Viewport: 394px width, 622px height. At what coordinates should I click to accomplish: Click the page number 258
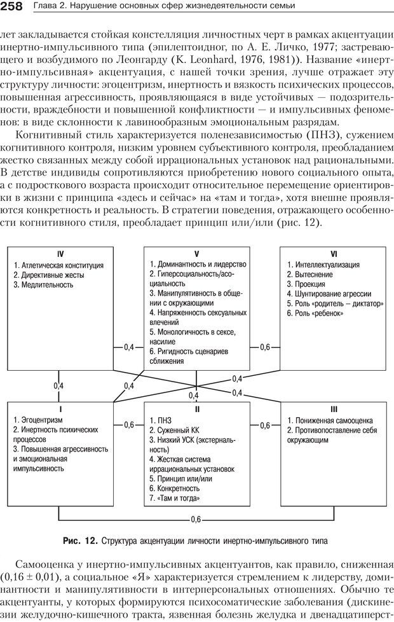click(x=13, y=7)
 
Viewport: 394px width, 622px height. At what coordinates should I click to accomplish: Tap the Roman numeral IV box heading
click(x=60, y=253)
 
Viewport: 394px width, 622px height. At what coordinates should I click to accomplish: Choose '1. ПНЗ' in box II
click(x=161, y=420)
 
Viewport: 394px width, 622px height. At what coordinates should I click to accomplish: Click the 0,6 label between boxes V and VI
click(x=265, y=347)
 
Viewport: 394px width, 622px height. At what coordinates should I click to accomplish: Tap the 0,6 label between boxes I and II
click(x=129, y=424)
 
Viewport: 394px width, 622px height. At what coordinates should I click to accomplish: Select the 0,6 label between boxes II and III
click(x=265, y=424)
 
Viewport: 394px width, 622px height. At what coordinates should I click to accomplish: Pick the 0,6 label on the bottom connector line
click(x=196, y=520)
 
